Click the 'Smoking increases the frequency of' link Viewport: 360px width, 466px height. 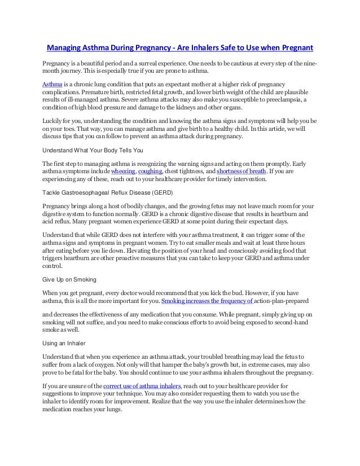coord(207,301)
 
